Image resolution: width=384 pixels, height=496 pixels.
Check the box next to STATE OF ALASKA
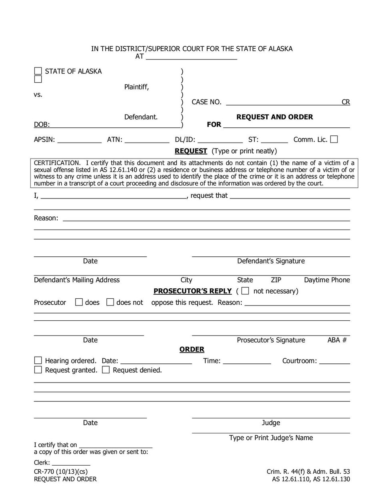tap(38, 71)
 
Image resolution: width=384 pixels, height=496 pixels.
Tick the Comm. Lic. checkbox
tap(334, 139)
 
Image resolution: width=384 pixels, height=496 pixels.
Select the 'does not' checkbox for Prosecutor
tap(110, 302)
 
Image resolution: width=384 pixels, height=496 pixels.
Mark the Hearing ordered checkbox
tap(38, 361)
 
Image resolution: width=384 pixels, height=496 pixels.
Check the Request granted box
tap(38, 370)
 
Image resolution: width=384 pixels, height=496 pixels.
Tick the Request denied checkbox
tap(106, 370)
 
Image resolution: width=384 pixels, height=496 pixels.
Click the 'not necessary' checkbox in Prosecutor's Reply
tap(245, 291)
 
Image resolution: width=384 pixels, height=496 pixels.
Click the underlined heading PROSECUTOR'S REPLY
tap(192, 291)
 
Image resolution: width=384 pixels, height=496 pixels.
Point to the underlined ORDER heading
tap(192, 349)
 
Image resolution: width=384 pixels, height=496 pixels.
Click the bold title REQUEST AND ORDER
tap(274, 117)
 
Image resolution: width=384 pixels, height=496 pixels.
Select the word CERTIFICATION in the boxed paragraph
tap(57, 163)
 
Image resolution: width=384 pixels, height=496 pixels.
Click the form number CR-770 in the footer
tap(44, 472)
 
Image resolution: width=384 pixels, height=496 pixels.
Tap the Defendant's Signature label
tap(271, 261)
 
